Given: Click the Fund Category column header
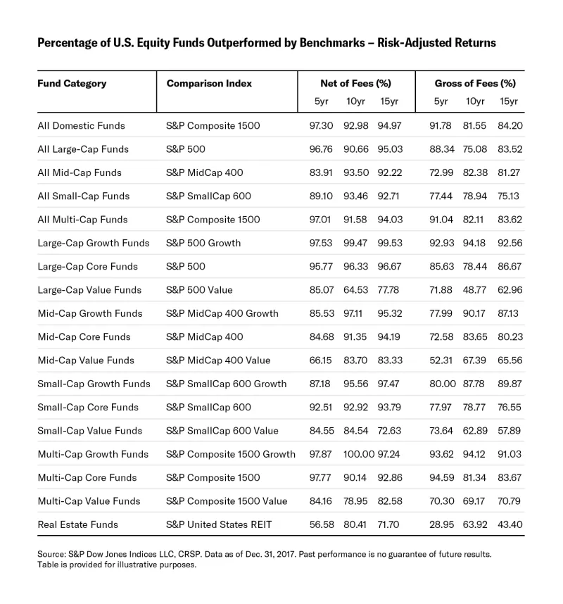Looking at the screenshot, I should (x=72, y=83).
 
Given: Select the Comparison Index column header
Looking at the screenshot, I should (x=209, y=83).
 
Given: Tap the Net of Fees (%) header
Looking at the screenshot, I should (x=355, y=83).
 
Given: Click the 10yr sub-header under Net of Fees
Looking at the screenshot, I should (x=355, y=101).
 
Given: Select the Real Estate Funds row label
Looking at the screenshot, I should (x=77, y=524).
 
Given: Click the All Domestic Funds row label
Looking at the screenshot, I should (x=81, y=126).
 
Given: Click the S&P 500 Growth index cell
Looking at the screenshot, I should (x=203, y=243).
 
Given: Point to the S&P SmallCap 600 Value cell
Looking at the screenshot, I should (x=222, y=431).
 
